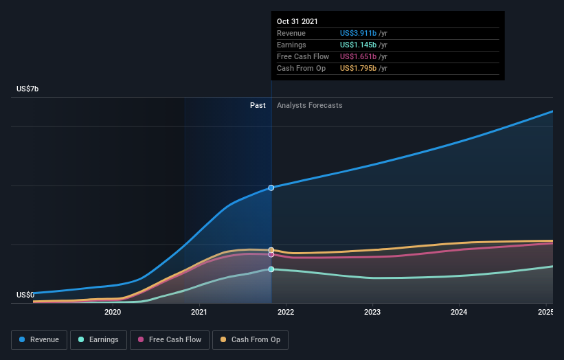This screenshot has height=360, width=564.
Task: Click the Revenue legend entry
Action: point(40,339)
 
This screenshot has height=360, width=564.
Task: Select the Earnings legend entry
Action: point(98,339)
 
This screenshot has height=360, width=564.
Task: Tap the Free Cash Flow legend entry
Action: point(170,339)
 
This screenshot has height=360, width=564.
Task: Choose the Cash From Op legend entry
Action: point(251,339)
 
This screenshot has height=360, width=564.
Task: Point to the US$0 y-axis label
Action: point(26,295)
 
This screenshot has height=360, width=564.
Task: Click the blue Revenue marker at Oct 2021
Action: point(271,188)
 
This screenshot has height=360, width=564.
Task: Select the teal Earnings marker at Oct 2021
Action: point(271,269)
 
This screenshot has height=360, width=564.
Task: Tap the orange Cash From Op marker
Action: point(271,250)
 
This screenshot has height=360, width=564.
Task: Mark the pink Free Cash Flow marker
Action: point(271,255)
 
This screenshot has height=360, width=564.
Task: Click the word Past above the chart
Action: point(258,106)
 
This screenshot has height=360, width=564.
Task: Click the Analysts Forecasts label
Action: point(309,106)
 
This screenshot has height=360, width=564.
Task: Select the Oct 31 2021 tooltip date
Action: point(297,22)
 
